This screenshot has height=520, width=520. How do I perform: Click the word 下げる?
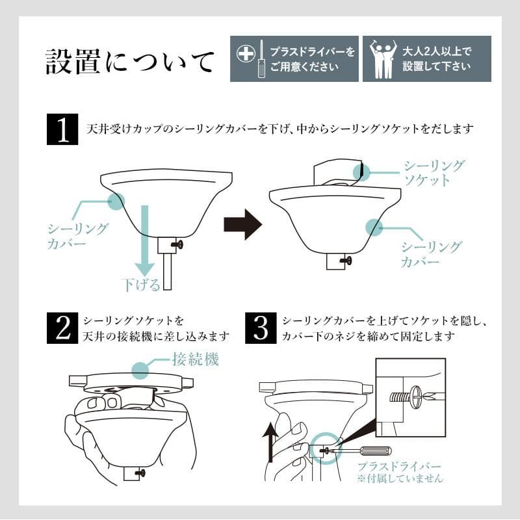tap(140, 284)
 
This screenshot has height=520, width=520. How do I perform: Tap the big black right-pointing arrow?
tap(242, 224)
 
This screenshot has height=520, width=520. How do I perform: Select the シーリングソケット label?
tap(434, 173)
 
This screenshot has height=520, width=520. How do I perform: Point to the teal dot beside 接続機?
tap(143, 370)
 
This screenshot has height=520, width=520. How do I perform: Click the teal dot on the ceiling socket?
tap(361, 172)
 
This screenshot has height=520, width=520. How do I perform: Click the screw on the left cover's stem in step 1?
tap(175, 244)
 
